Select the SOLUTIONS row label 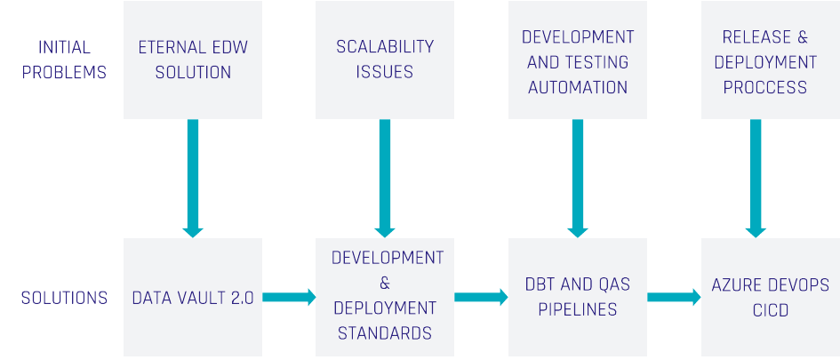64,298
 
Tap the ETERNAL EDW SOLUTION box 193,60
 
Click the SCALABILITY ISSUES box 385,60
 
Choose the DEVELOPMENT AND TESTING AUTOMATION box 578,60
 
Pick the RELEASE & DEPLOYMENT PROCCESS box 770,60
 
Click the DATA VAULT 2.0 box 193,298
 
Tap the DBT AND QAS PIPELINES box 578,298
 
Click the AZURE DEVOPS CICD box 770,298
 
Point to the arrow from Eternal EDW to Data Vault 193,178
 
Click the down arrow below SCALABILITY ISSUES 385,178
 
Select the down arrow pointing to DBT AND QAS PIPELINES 578,178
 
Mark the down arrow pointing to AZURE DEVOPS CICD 756,178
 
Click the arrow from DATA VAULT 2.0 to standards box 290,298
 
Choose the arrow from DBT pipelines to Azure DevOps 674,298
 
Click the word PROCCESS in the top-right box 765,87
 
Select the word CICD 770,311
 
